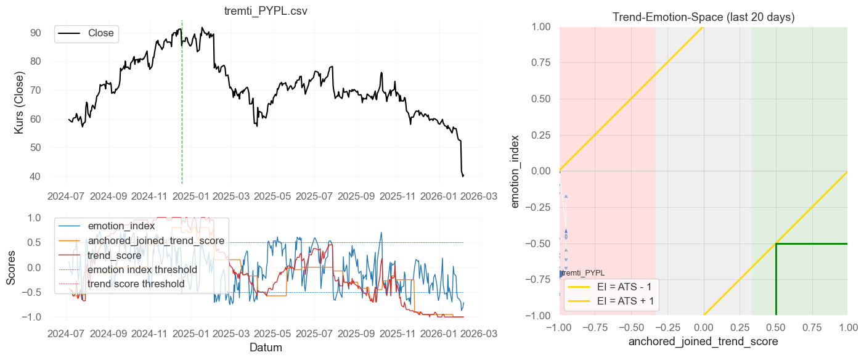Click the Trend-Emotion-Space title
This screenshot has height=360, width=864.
coord(703,17)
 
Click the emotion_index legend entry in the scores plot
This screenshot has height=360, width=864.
coord(121,226)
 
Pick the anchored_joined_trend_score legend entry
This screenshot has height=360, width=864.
coord(156,240)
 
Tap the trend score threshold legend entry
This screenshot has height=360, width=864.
coord(136,284)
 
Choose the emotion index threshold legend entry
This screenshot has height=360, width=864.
coord(142,269)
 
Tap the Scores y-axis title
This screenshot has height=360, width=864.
coord(11,267)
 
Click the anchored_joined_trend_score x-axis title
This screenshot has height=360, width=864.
coord(703,341)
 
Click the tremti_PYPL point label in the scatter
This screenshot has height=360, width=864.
coord(583,272)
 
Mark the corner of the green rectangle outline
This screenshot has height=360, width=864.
coord(776,243)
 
